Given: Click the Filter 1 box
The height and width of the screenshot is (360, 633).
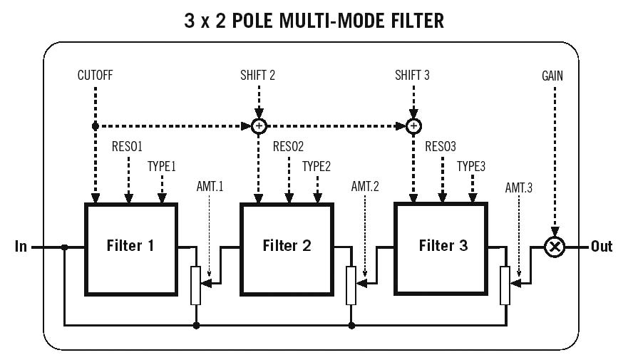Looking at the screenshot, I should click(x=130, y=247).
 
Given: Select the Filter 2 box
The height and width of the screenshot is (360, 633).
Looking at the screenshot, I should click(x=287, y=247).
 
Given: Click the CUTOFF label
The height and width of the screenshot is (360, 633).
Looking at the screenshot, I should click(x=95, y=74).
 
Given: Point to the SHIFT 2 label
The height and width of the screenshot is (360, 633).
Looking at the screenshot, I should click(x=258, y=74).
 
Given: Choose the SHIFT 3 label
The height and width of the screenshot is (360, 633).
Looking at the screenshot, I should click(x=413, y=74).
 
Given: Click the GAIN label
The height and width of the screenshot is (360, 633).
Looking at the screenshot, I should click(x=553, y=74).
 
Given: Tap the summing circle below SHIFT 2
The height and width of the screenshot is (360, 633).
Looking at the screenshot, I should click(x=259, y=126).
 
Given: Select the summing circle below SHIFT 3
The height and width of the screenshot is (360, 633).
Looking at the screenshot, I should click(x=413, y=126).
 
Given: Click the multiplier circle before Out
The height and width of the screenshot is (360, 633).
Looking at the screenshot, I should click(x=554, y=247).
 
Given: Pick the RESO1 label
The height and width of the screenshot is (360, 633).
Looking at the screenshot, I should click(x=128, y=147).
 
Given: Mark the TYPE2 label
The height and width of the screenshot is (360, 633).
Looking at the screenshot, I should click(x=316, y=166).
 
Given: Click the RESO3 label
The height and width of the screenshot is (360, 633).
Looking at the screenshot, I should click(x=441, y=147).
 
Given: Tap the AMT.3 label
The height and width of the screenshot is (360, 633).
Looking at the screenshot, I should click(x=520, y=187).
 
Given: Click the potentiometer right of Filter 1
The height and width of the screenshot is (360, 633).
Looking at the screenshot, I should click(x=196, y=285).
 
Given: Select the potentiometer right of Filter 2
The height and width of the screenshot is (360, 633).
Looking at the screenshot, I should click(x=351, y=285).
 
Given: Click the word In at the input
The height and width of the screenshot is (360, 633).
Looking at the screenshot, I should click(x=21, y=247).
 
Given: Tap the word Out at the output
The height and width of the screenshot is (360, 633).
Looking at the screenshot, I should click(x=602, y=247).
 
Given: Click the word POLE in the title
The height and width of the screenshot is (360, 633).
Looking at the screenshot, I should click(x=268, y=21).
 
